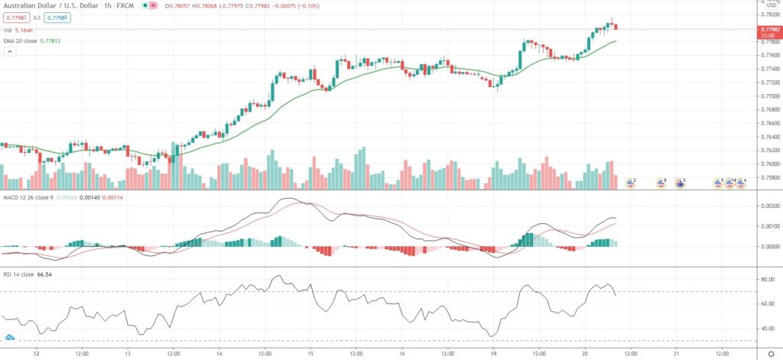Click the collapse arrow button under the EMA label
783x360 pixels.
[11, 52]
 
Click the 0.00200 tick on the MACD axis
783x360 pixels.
[767, 206]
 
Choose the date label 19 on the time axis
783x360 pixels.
[494, 354]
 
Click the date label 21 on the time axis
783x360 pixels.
[677, 354]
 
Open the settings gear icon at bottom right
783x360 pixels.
[771, 354]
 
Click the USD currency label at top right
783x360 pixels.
[772, 6]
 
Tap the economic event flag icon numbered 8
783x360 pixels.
[661, 183]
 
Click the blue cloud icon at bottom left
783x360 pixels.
[10, 337]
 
